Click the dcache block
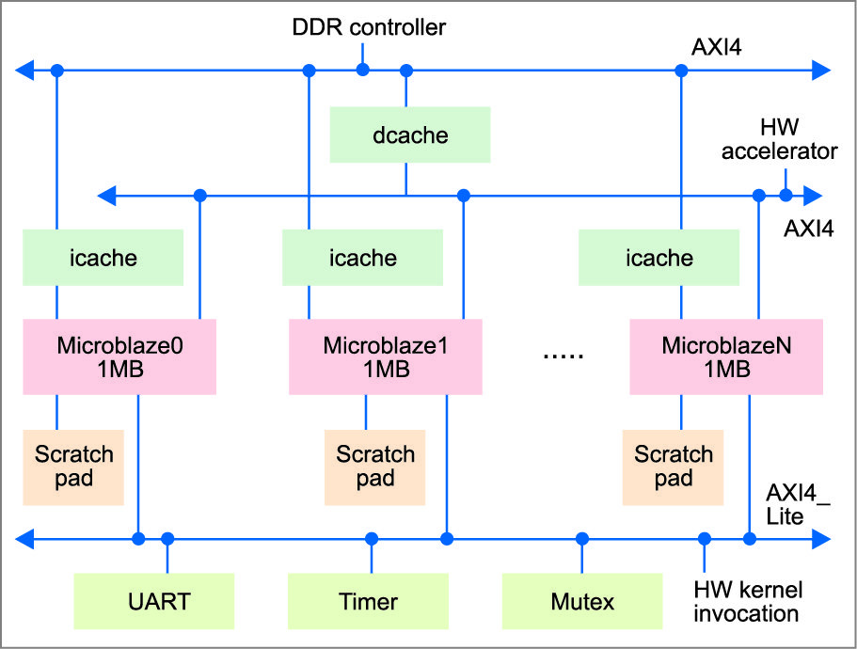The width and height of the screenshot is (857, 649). coord(410,134)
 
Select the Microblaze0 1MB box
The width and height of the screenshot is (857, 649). coord(119,356)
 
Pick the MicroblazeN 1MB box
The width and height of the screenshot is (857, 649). coord(725,356)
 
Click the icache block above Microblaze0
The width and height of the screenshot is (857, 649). coord(103,257)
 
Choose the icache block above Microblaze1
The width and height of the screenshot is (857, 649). coord(364,257)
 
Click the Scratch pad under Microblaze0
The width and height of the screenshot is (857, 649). coord(73,467)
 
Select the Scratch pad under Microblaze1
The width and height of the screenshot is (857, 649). coord(375,467)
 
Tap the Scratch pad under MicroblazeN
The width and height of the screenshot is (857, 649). coord(674,467)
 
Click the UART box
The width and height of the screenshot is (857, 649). coord(154,600)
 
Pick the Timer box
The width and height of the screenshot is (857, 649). coord(367,600)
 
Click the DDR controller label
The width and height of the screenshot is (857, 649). coord(368,27)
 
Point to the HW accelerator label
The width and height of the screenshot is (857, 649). coord(779,138)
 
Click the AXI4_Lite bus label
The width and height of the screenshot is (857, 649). coord(797,504)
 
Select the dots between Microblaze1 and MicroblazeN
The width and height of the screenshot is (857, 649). coord(563,356)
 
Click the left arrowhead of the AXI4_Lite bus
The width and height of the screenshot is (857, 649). coord(29,539)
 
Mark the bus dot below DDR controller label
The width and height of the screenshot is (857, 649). coord(363,70)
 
